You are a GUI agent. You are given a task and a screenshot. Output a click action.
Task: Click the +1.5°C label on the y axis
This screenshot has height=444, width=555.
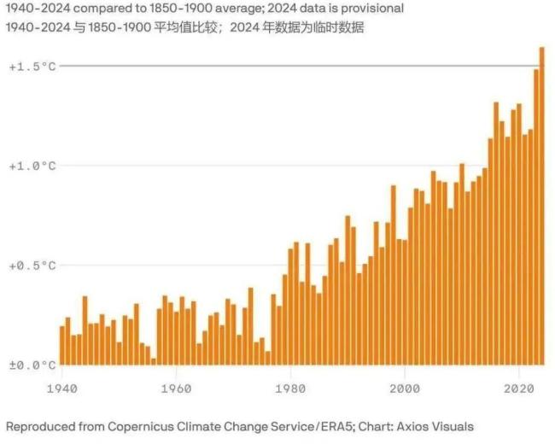click(32, 66)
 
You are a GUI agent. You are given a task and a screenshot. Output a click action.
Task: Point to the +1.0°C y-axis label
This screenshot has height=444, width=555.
click(32, 166)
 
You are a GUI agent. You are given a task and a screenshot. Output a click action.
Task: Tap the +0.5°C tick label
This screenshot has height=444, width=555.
click(32, 266)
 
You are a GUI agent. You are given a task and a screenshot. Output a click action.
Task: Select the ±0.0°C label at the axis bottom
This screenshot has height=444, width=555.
click(32, 365)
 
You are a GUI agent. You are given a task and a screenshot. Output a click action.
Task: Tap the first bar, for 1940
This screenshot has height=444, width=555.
click(62, 346)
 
